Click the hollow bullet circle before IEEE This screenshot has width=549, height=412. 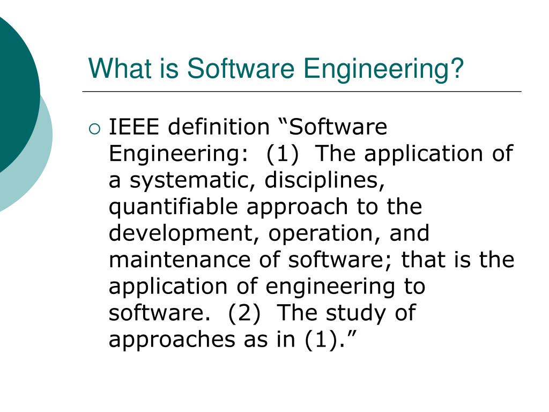(94, 128)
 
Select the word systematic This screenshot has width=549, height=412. (189, 181)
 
